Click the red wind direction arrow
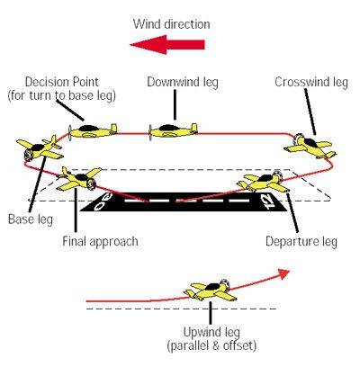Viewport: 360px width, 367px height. click(167, 45)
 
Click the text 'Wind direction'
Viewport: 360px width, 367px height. click(172, 24)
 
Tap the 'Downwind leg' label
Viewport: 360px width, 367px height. click(183, 82)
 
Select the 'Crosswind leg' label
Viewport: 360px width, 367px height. click(311, 82)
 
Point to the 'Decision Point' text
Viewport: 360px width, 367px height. click(62, 82)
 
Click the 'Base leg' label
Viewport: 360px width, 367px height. click(31, 219)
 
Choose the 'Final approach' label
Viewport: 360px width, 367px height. click(100, 241)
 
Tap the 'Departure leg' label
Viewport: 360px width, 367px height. click(301, 241)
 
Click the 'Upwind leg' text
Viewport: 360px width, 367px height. click(211, 333)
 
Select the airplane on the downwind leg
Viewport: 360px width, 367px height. click(174, 130)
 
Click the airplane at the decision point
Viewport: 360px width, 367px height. click(93, 131)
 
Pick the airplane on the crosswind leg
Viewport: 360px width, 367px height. click(310, 146)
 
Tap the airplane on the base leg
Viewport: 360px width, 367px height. click(39, 148)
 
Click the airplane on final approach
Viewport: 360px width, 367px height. click(79, 179)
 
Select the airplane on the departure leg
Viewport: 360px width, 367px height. click(264, 182)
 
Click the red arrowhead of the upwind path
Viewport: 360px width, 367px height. click(283, 273)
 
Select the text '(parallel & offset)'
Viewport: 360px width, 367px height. click(211, 345)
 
